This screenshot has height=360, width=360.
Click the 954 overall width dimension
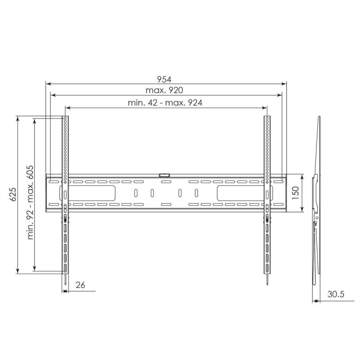pos(164,80)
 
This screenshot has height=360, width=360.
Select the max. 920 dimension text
pos(164,90)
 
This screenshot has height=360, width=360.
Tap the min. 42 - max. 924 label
pos(165,103)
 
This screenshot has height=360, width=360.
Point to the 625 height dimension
pos(13,194)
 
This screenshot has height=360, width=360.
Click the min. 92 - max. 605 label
pos(30,202)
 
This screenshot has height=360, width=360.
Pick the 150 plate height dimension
pos(296,193)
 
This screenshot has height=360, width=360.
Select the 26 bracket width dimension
pos(81,285)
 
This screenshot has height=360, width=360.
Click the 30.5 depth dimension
pos(336,294)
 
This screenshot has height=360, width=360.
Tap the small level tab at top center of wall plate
pos(164,175)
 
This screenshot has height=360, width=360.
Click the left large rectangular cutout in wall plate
pos(87,193)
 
